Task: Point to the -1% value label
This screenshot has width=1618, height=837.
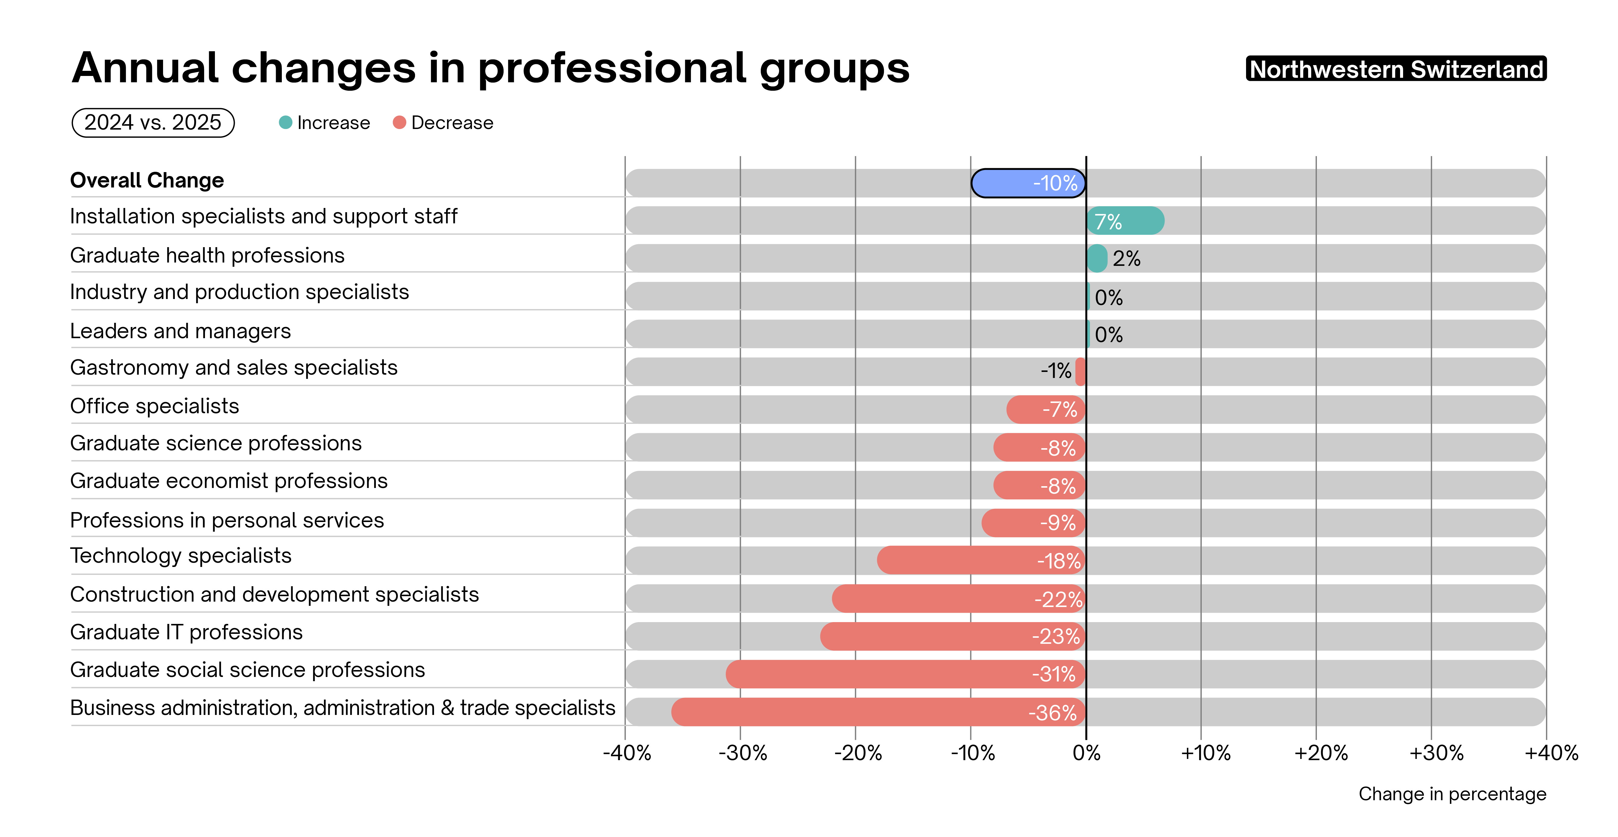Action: (1056, 371)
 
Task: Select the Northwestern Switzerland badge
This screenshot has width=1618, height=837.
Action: (1396, 69)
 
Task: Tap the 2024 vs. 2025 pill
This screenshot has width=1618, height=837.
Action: (153, 122)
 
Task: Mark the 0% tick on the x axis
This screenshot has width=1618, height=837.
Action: (1086, 753)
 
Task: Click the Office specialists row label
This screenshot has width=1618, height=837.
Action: (155, 406)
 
